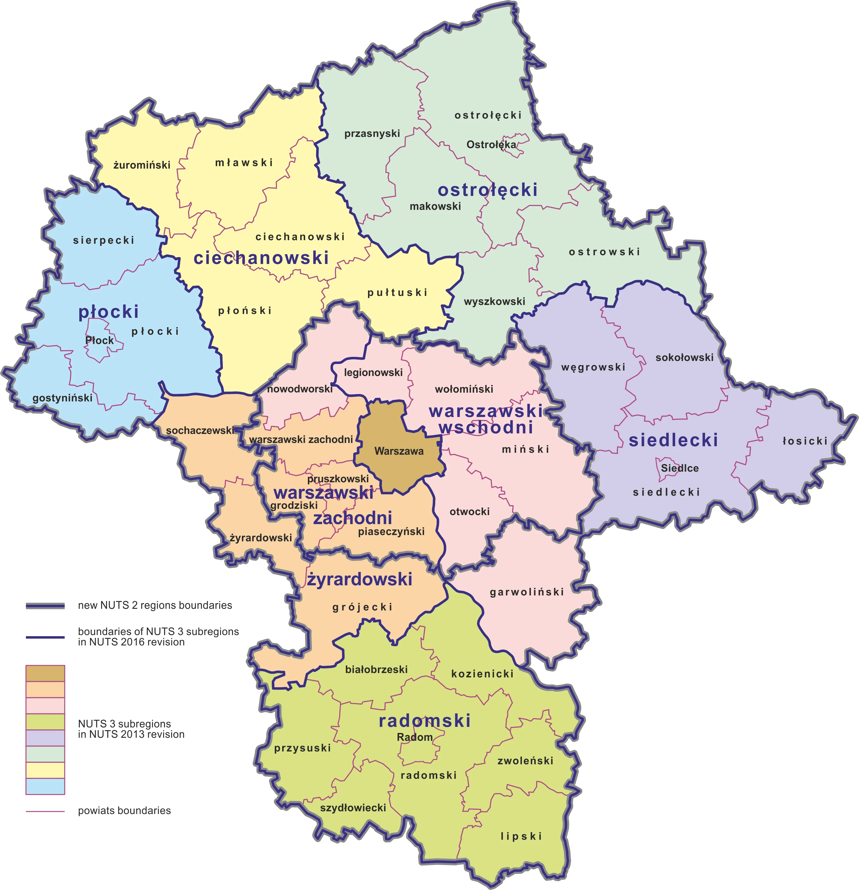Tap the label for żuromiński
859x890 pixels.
tap(142, 165)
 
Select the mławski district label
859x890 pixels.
tap(244, 163)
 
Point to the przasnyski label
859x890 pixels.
tap(372, 134)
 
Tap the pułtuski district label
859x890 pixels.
tap(398, 293)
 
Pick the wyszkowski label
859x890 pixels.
tap(494, 301)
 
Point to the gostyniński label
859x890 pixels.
tap(62, 398)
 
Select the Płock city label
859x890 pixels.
tap(100, 340)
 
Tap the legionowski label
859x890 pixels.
tap(373, 373)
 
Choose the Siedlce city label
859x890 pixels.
tap(680, 468)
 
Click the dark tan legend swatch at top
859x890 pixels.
tap(45, 673)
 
